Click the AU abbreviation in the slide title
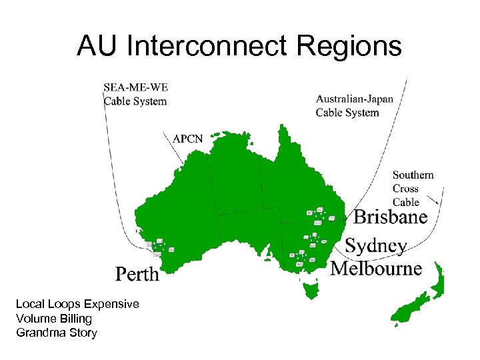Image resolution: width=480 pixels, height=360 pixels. coord(97,47)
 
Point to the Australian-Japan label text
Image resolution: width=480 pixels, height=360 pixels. coord(354,99)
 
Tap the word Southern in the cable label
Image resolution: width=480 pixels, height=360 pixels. coord(413,175)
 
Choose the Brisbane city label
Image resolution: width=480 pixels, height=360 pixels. coord(390,217)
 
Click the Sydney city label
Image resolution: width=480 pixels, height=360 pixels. coord(375,245)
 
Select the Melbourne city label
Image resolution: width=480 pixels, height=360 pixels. coord(377,268)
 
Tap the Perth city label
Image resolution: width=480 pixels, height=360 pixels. coord(137,273)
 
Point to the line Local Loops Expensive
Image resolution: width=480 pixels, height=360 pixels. coord(77,304)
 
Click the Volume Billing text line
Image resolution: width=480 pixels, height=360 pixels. coord(54,319)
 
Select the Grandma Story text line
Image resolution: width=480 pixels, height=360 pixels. coord(56,333)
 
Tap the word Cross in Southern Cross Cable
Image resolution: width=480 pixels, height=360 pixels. coord(405,189)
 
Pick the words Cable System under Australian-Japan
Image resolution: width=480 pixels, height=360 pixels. coord(347,112)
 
